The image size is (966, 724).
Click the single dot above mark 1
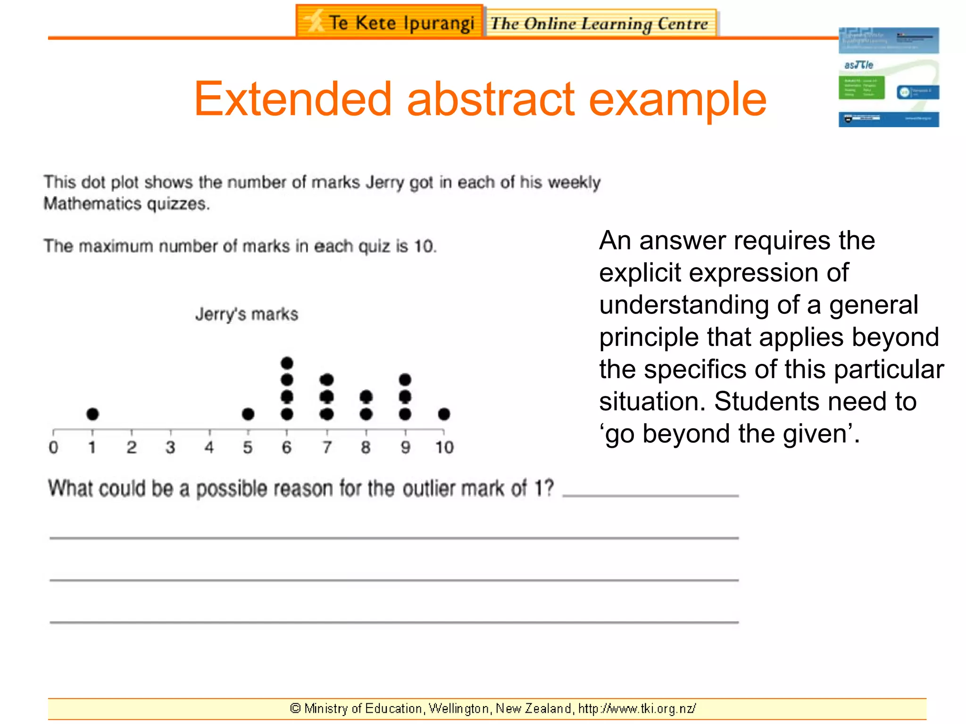point(92,414)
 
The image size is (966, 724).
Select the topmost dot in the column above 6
point(287,363)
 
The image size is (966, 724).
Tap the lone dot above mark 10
point(444,414)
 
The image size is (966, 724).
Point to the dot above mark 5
point(248,414)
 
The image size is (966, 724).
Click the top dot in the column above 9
point(405,379)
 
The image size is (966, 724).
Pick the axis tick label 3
point(170,447)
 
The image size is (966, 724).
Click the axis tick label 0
point(53,447)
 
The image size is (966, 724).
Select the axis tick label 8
point(366,447)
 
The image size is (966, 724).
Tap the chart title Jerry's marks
point(247,314)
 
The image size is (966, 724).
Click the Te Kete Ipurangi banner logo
point(390,22)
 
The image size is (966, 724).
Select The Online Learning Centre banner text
point(600,23)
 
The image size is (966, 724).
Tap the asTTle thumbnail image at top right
point(889,77)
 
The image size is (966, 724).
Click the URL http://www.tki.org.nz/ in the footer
point(637,708)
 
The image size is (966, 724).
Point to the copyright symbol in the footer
point(295,708)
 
